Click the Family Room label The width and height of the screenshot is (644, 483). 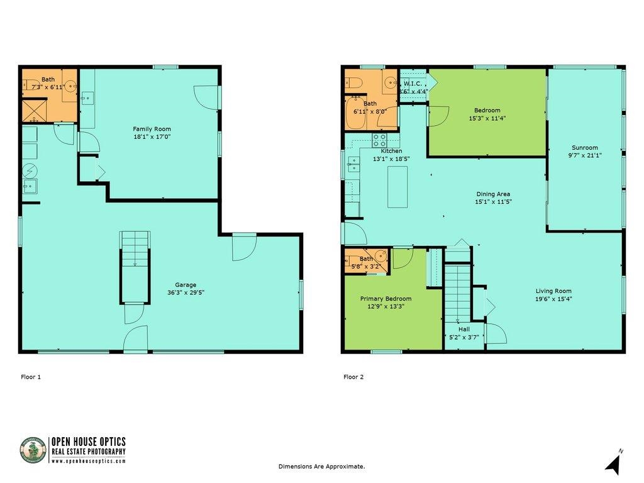pos(152,129)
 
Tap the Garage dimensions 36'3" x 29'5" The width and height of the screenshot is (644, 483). pos(186,292)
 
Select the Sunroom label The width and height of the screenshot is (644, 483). pos(585,147)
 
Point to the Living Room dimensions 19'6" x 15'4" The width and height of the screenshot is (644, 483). pos(553,299)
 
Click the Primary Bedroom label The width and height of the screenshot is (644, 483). pos(386,299)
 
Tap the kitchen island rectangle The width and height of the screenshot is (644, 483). pos(397,187)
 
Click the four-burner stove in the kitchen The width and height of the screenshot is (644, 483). pos(379,140)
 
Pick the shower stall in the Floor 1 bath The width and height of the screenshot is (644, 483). pos(34,110)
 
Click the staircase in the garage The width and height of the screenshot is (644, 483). pos(135,267)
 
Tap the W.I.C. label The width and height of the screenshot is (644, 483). pos(413,84)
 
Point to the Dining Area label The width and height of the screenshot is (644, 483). pos(493,194)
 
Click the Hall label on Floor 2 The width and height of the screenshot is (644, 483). pos(464,329)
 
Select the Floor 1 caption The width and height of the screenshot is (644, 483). pos(31,377)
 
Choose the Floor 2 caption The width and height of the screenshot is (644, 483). pos(353,377)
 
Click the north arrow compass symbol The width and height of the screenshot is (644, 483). pos(614,464)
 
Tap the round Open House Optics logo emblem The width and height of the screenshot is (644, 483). pos(33,450)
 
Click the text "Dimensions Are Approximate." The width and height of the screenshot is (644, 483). pos(321,466)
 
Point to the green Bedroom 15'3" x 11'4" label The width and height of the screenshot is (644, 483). pos(487,114)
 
